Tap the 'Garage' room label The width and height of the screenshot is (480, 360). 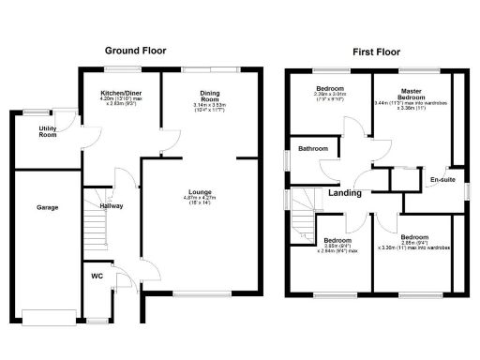pyautogui.click(x=48, y=206)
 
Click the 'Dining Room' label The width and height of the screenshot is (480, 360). pyautogui.click(x=209, y=96)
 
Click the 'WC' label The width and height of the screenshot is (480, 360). pyautogui.click(x=97, y=276)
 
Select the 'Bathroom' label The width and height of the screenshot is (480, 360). pyautogui.click(x=312, y=149)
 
